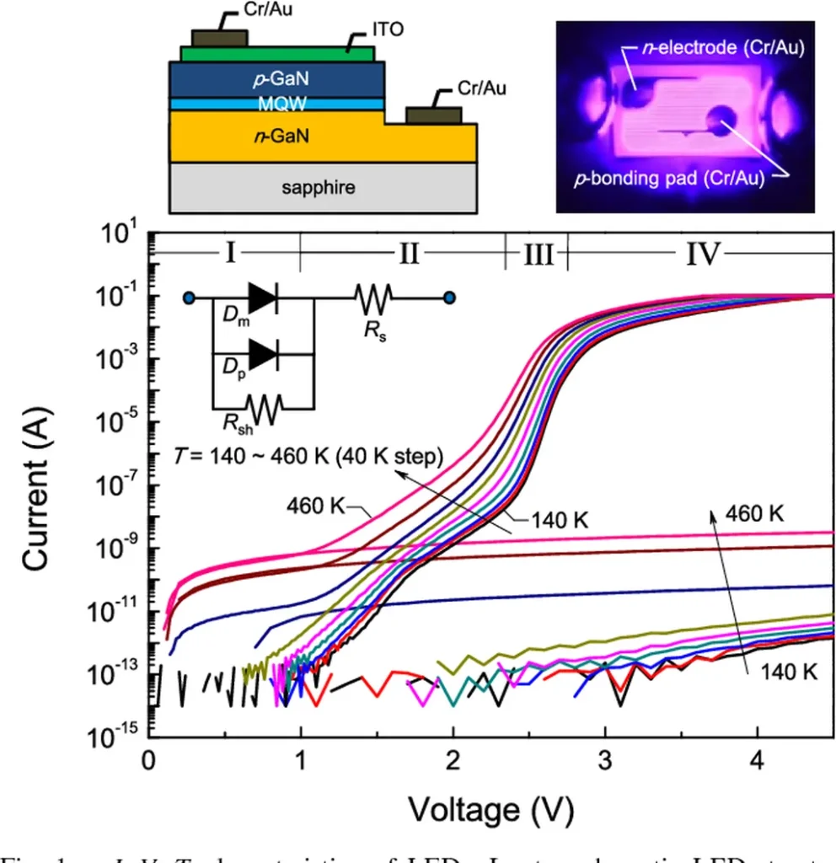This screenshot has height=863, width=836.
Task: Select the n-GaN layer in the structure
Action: click(278, 137)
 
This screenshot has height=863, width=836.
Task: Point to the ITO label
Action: click(387, 30)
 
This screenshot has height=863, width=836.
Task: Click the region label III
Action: click(537, 254)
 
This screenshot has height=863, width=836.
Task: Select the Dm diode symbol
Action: click(263, 297)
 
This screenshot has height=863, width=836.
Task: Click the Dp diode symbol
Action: click(263, 354)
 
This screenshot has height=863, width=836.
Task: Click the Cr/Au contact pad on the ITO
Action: click(220, 38)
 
